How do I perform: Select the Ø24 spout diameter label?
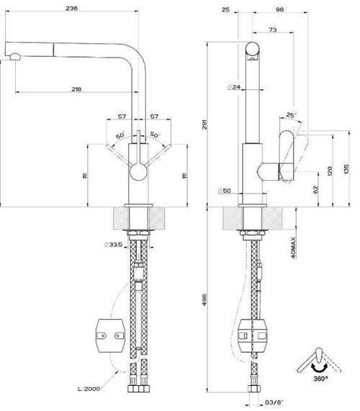click(233, 87)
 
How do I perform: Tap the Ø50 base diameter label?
click(225, 191)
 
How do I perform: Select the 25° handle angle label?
click(290, 114)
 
